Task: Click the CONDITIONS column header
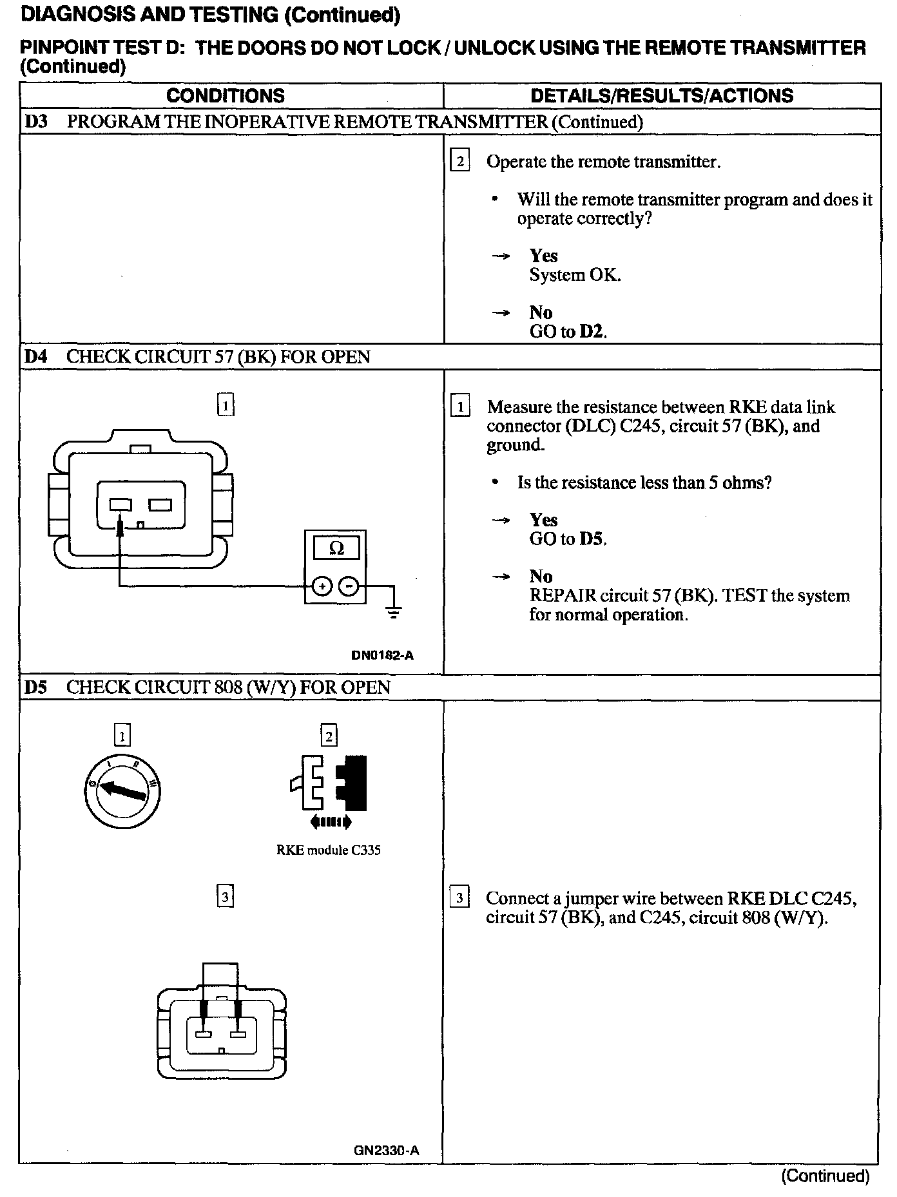pyautogui.click(x=225, y=96)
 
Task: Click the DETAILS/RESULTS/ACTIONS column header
pyautogui.click(x=662, y=96)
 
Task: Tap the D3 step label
pyautogui.click(x=36, y=122)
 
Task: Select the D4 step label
pyautogui.click(x=36, y=357)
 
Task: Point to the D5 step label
pyautogui.click(x=36, y=687)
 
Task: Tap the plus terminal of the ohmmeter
pyautogui.click(x=321, y=586)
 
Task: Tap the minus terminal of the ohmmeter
pyautogui.click(x=349, y=586)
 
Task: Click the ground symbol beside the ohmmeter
pyautogui.click(x=394, y=611)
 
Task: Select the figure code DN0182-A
pyautogui.click(x=382, y=656)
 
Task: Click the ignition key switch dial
pyautogui.click(x=122, y=789)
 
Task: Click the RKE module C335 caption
pyautogui.click(x=328, y=850)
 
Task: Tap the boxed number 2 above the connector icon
pyautogui.click(x=329, y=736)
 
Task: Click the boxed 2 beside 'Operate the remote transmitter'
pyautogui.click(x=459, y=160)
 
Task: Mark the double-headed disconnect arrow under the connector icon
pyautogui.click(x=331, y=822)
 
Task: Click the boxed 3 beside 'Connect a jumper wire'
pyautogui.click(x=459, y=898)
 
